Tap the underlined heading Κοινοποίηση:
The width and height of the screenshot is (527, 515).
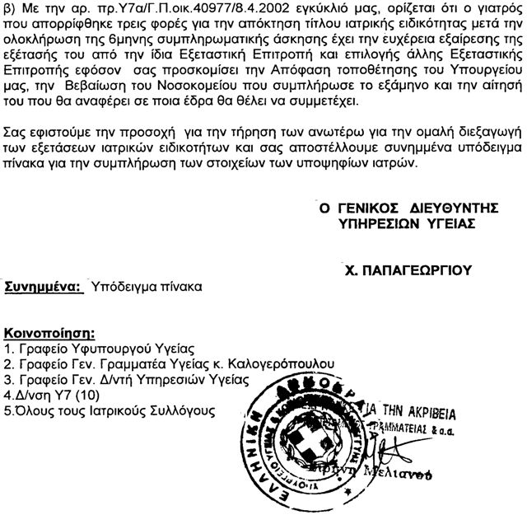click(x=51, y=335)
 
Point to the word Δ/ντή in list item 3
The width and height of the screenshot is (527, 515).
click(x=111, y=379)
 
